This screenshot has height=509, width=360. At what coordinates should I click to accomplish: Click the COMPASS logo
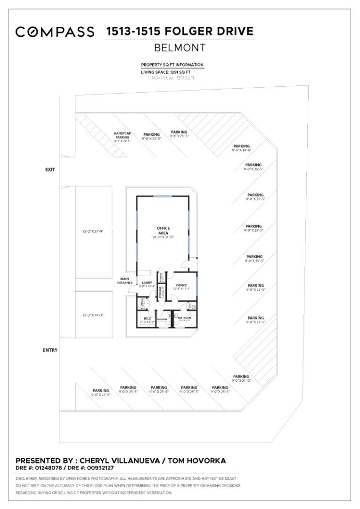click(x=55, y=32)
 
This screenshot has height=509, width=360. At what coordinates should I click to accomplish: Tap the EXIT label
click(x=50, y=170)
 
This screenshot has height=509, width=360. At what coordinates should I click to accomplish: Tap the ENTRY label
click(x=50, y=350)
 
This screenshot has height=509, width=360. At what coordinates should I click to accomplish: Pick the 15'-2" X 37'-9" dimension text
click(x=92, y=231)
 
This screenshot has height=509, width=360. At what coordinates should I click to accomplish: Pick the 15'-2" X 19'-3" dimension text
click(x=92, y=315)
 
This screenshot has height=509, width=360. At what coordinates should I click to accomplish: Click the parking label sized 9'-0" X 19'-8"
click(x=241, y=148)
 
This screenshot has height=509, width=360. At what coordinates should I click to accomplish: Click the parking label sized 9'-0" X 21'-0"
click(x=241, y=378)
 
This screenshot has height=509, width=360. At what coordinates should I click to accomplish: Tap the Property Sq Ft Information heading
click(x=172, y=65)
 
